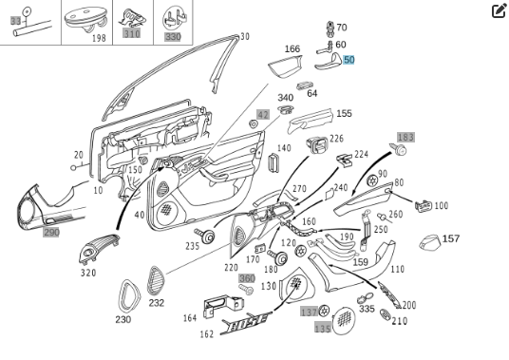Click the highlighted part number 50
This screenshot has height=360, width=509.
point(349,60)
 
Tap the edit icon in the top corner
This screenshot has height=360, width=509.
point(499,11)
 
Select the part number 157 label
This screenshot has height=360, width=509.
point(451,238)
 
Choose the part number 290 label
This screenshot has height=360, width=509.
point(51,232)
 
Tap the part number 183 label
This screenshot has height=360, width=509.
point(405,138)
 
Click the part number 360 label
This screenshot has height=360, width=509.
point(246,279)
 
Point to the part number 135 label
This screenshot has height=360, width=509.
point(323,329)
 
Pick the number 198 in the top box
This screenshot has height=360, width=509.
point(99,39)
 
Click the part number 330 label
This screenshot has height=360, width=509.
point(172,36)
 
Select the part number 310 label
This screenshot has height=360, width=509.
point(131,33)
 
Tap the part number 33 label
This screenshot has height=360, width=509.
point(15,21)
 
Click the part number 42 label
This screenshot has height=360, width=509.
point(263,114)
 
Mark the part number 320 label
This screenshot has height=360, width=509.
point(87,273)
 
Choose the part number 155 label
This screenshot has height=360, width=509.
point(343,114)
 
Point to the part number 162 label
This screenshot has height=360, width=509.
point(206,334)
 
